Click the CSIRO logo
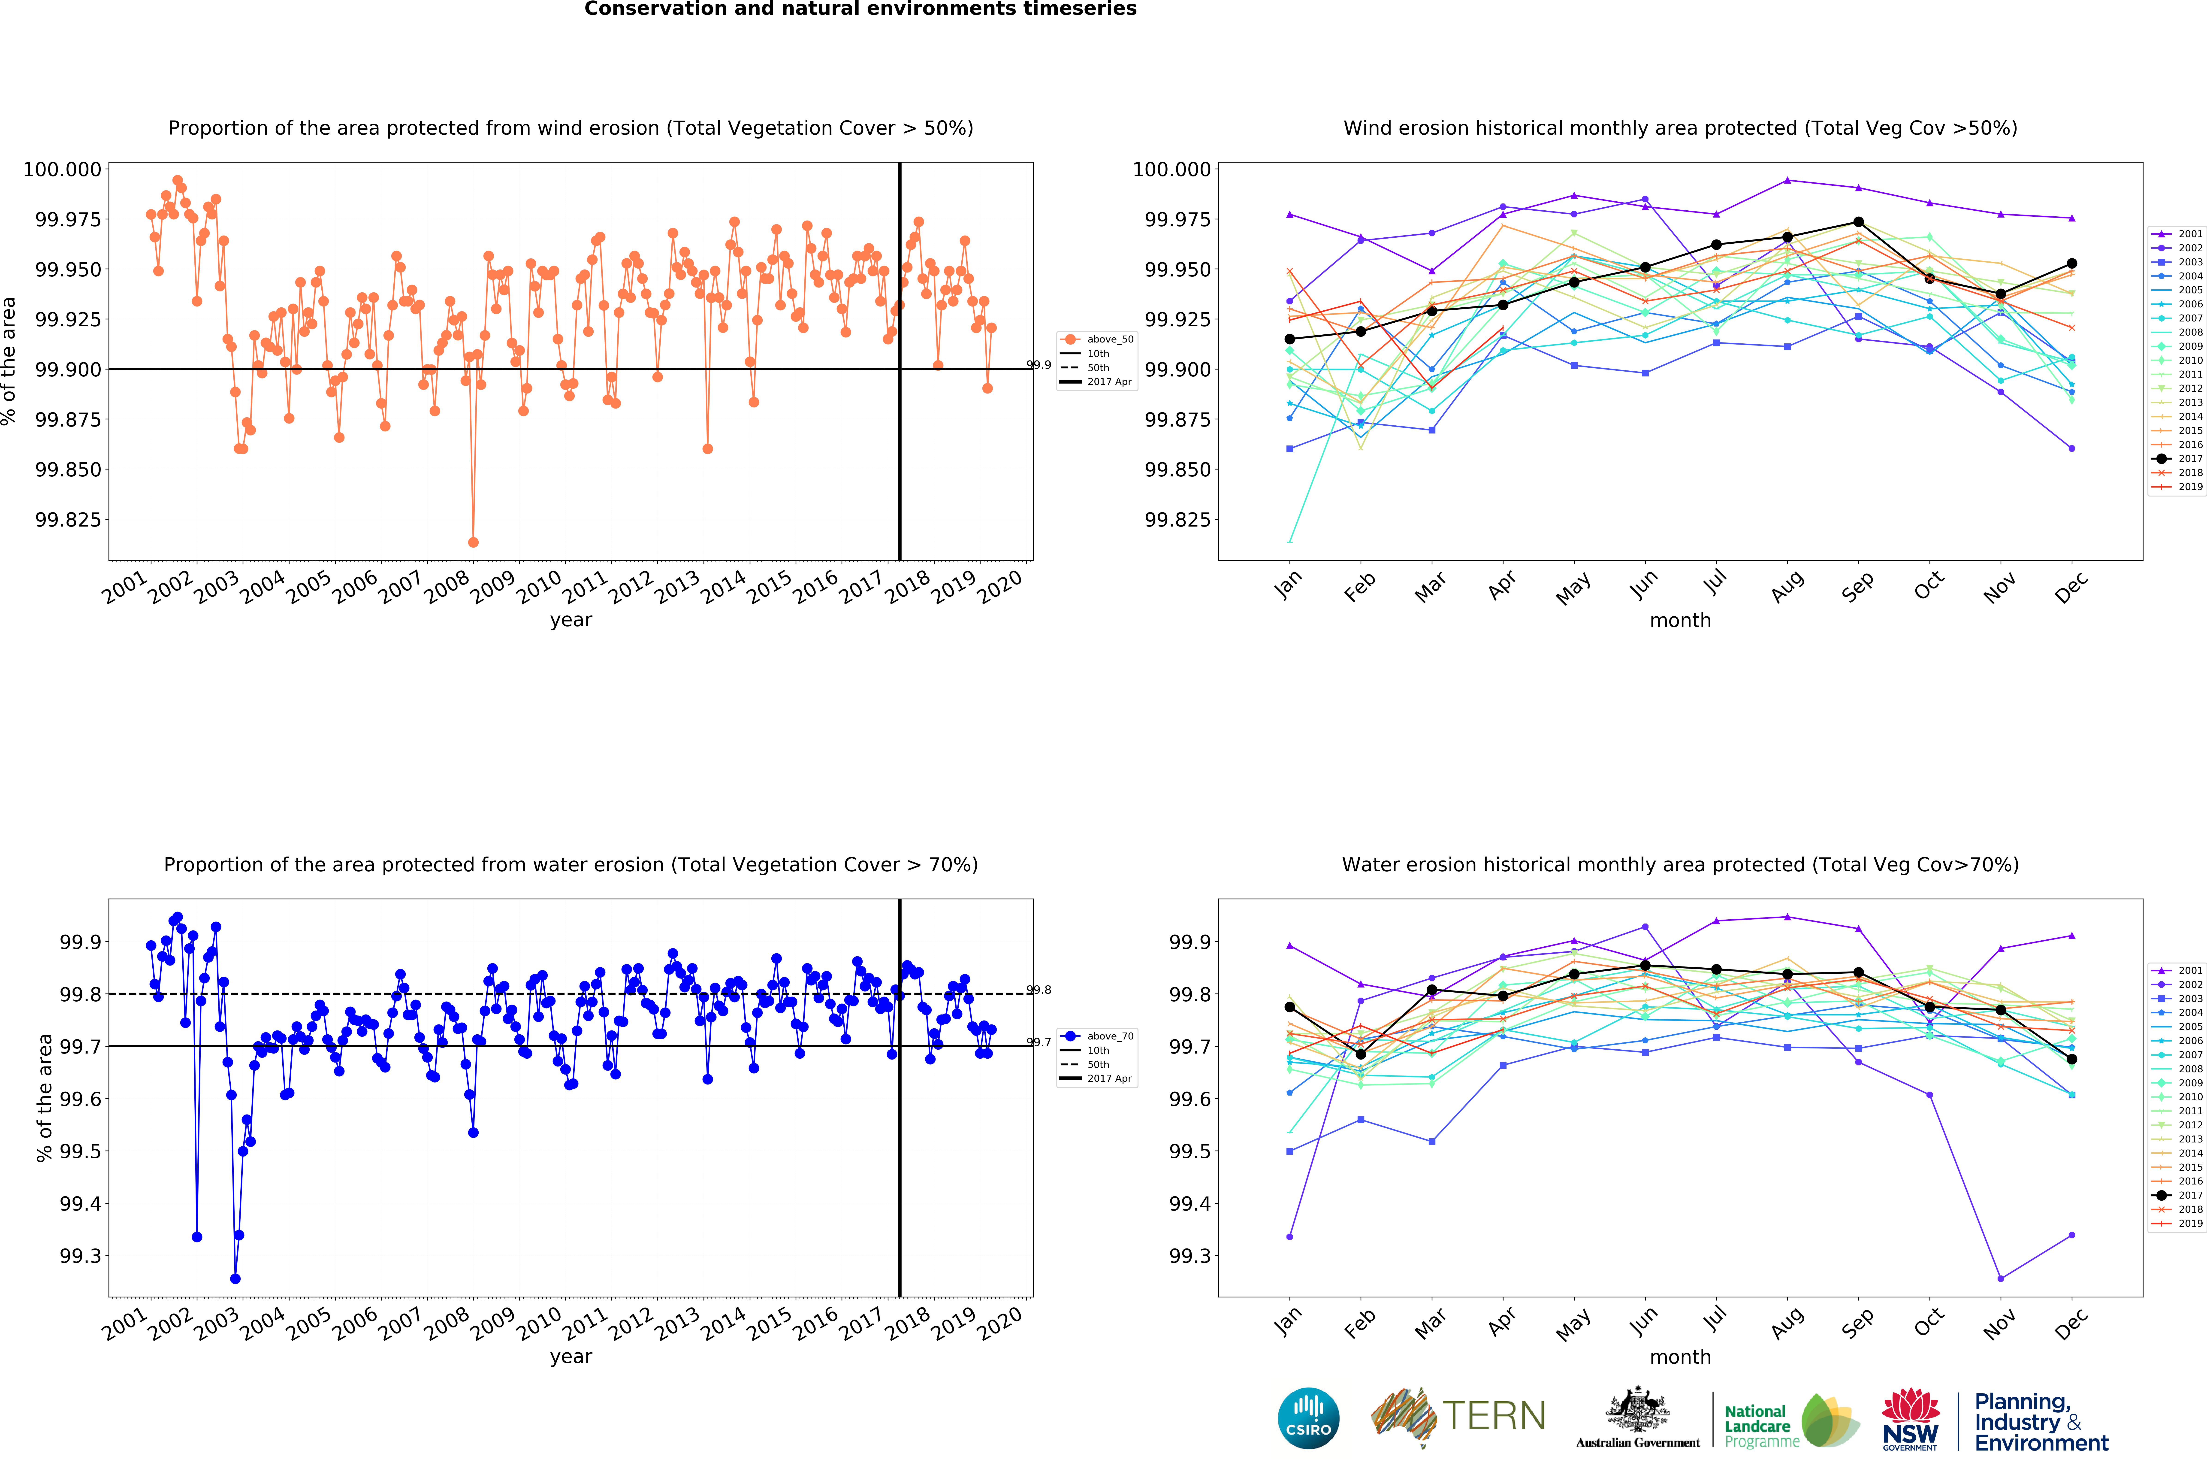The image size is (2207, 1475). (x=1309, y=1418)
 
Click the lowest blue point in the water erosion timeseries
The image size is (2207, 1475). (x=235, y=1278)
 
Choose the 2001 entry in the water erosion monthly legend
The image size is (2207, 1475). (x=2178, y=970)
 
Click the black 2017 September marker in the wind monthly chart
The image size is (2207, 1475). (x=1858, y=222)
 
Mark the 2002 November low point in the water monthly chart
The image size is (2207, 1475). (x=2000, y=1278)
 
